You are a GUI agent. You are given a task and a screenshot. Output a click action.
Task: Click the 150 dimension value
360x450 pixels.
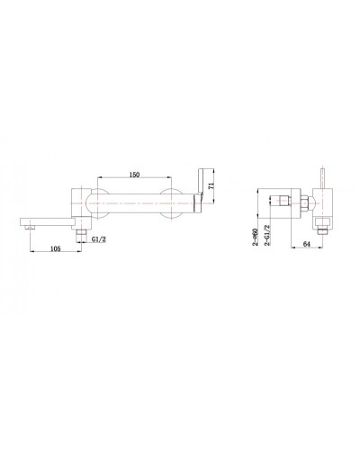(134, 175)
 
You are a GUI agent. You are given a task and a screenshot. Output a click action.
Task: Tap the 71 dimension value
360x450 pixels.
(212, 185)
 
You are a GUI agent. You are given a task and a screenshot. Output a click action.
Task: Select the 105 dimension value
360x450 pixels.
(56, 248)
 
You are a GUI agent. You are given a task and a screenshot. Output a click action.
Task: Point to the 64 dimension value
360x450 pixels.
(306, 244)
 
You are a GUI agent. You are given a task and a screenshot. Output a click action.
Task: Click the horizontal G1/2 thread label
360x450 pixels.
(99, 239)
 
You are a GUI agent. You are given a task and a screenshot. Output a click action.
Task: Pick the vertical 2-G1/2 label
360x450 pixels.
(267, 236)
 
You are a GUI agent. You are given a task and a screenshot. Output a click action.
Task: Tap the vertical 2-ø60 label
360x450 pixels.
(255, 237)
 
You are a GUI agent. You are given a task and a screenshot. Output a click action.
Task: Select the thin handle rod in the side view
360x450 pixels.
(323, 178)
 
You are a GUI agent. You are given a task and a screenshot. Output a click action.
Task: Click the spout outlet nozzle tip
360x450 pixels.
(31, 228)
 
